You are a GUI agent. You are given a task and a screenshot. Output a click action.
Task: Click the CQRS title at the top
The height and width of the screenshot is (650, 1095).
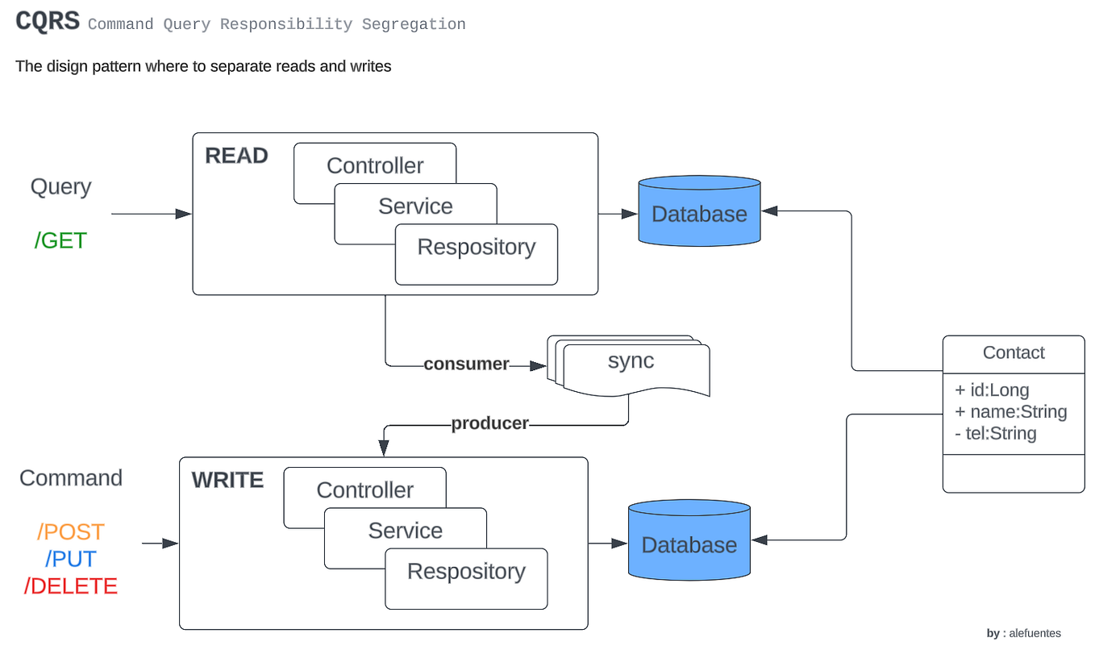click(48, 22)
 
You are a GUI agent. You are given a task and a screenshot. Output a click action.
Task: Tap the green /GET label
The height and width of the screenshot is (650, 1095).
click(60, 240)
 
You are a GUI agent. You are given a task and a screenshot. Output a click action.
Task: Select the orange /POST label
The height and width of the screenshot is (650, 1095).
click(71, 532)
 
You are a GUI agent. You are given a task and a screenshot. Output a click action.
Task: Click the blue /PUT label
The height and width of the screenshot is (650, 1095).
click(71, 559)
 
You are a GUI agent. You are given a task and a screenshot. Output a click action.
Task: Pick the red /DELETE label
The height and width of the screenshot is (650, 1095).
click(71, 586)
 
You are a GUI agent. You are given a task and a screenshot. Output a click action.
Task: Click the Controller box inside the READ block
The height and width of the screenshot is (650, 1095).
click(375, 165)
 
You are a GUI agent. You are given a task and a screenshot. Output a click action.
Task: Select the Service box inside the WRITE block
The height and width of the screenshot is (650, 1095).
click(405, 531)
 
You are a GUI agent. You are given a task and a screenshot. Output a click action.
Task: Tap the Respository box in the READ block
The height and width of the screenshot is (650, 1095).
click(476, 248)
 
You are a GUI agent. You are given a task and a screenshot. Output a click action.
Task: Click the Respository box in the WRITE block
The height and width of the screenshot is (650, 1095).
click(466, 572)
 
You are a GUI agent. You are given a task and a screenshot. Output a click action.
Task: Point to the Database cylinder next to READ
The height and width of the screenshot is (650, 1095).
click(699, 214)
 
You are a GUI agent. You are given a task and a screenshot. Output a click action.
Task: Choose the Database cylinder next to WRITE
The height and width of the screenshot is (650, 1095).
click(689, 544)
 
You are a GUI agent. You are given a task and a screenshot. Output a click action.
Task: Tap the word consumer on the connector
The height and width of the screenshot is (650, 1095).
click(466, 365)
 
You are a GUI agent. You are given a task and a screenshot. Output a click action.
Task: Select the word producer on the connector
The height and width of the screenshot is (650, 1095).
click(489, 423)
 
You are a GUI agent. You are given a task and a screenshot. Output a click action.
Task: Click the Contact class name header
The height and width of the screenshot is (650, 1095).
click(1014, 353)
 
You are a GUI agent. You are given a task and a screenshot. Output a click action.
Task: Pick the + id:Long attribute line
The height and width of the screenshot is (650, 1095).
click(992, 390)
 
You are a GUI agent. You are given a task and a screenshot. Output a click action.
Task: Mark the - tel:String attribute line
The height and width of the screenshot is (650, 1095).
click(995, 434)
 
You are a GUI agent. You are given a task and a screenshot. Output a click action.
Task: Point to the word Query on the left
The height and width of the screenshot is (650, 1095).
click(60, 187)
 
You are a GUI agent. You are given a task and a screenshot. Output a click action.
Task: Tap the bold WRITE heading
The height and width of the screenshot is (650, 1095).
click(227, 481)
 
